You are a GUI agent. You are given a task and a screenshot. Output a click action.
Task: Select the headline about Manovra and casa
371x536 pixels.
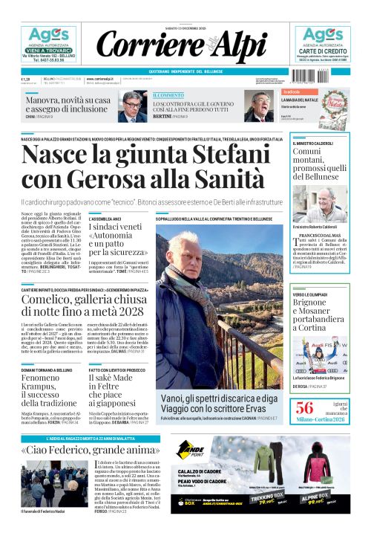[68, 103]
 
